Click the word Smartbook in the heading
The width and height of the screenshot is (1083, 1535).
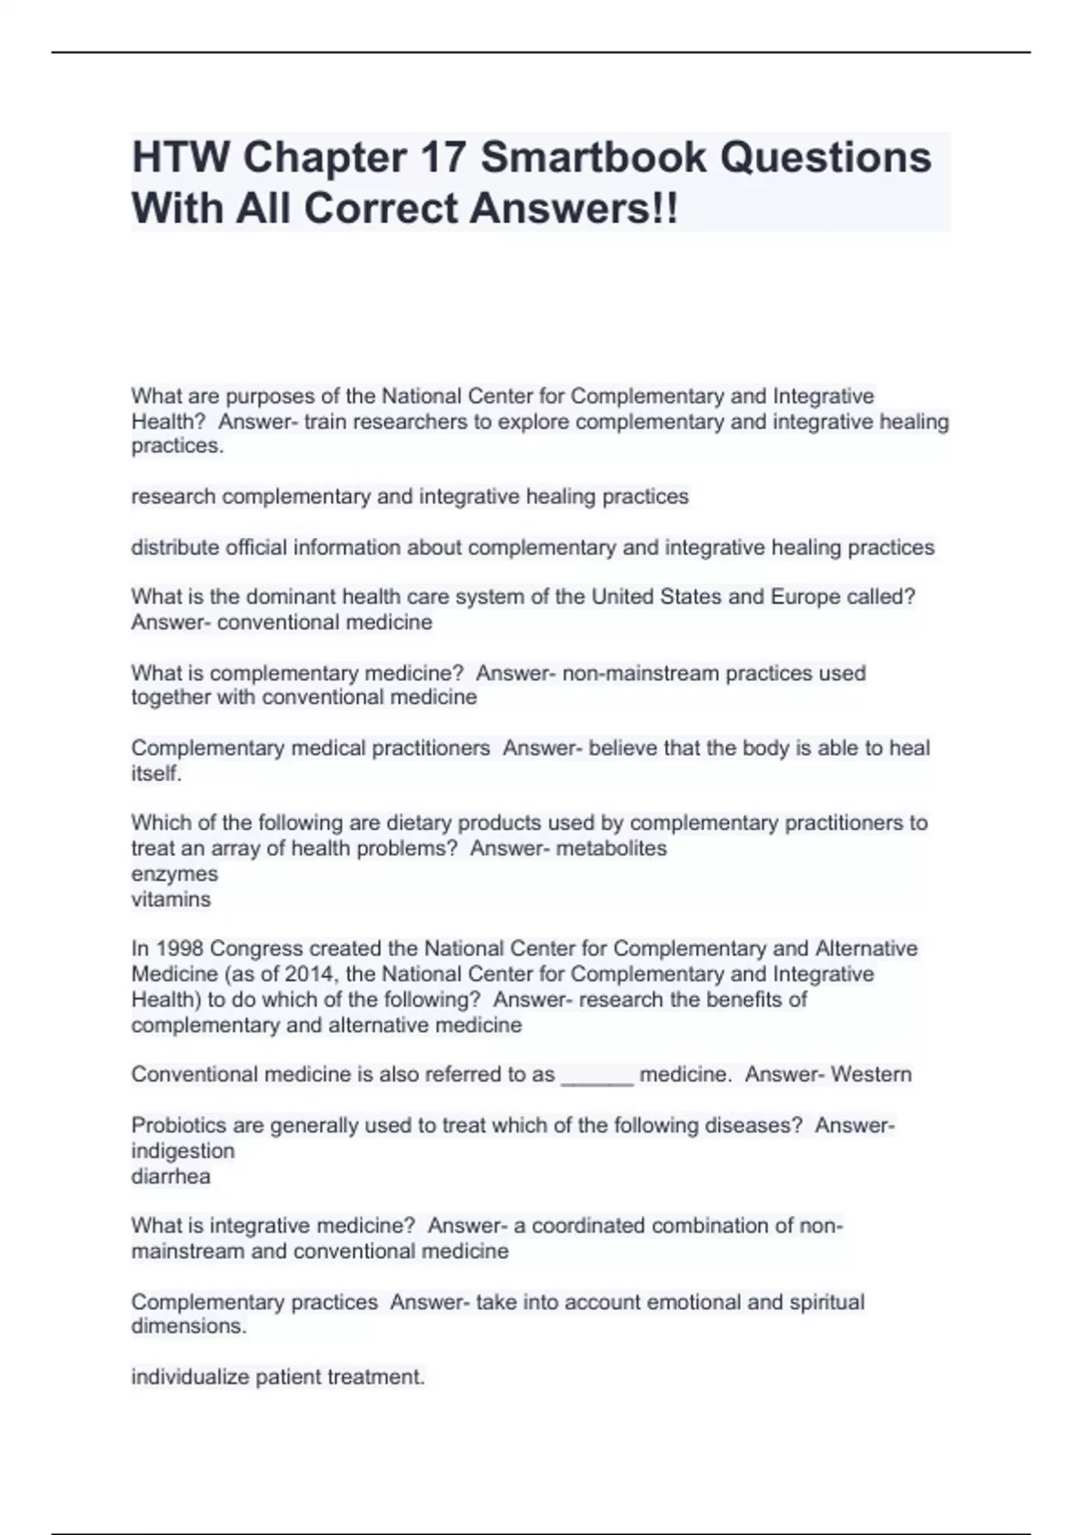click(593, 157)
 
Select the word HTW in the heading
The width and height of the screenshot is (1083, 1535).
click(180, 157)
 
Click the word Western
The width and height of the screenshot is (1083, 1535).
click(871, 1074)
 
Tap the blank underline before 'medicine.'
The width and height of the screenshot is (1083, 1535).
click(597, 1076)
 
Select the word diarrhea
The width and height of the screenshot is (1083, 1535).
click(171, 1177)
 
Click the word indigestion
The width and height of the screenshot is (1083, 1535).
click(182, 1151)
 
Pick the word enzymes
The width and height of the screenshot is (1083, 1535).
click(174, 874)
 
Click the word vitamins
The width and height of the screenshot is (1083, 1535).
click(171, 899)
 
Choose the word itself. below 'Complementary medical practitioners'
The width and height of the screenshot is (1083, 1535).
click(156, 774)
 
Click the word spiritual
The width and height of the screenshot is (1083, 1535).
click(827, 1302)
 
